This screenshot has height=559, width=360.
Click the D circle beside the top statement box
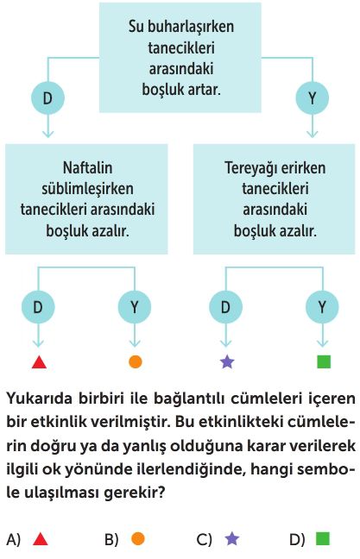(x=47, y=97)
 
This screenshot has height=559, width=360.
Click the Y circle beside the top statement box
(x=313, y=97)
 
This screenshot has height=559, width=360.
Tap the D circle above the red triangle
(x=38, y=306)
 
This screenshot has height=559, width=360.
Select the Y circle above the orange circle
(x=135, y=306)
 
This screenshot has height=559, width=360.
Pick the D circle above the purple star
(x=225, y=306)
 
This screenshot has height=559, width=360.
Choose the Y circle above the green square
(x=322, y=306)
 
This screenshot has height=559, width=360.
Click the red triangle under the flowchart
(x=39, y=362)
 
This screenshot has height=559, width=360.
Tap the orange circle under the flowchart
(x=136, y=361)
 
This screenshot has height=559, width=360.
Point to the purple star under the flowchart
(x=227, y=361)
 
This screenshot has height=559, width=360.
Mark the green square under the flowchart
(x=324, y=361)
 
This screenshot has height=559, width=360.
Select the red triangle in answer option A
(x=40, y=539)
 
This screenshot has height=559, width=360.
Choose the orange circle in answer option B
(x=138, y=538)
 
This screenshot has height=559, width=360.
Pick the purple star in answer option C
(x=232, y=538)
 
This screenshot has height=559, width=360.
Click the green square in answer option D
(x=323, y=538)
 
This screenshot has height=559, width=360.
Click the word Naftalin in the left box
(x=88, y=167)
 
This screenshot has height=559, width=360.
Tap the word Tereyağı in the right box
(x=248, y=168)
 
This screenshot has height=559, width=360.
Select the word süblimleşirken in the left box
(x=88, y=189)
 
